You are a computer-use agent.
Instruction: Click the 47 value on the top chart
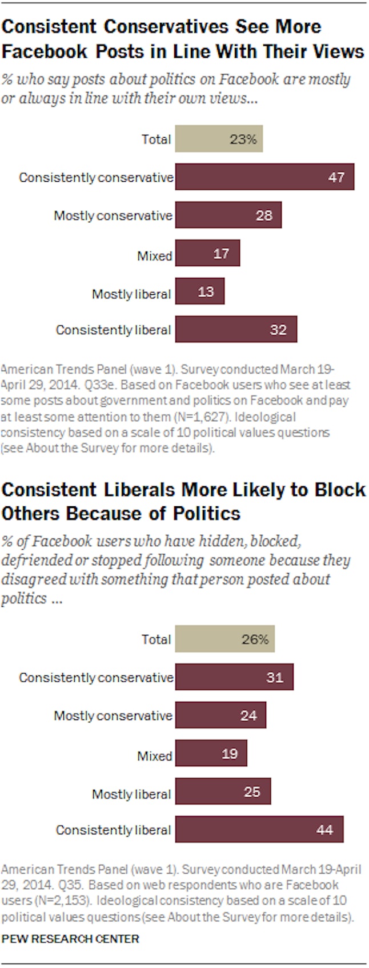coord(336,177)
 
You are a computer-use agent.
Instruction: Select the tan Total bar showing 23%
coord(219,139)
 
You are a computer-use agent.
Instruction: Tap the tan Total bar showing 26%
coord(224,639)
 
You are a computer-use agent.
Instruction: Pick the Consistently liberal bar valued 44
coord(259,830)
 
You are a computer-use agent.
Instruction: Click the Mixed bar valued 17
coord(207,254)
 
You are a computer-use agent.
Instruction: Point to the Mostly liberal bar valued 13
coord(200,292)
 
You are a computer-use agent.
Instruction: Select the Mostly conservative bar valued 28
coord(228,215)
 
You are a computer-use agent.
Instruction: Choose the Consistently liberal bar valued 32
coord(236,330)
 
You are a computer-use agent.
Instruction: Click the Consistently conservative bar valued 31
coord(234,677)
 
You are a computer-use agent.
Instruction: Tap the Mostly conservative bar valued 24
coord(220,715)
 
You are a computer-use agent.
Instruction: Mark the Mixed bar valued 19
coord(211,754)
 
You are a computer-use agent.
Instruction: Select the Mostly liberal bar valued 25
coord(223,792)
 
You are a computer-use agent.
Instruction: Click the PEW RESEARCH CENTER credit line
coord(70,939)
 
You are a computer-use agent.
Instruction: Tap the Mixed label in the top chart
coord(154,255)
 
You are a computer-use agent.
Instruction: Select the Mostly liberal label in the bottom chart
coord(131,794)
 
